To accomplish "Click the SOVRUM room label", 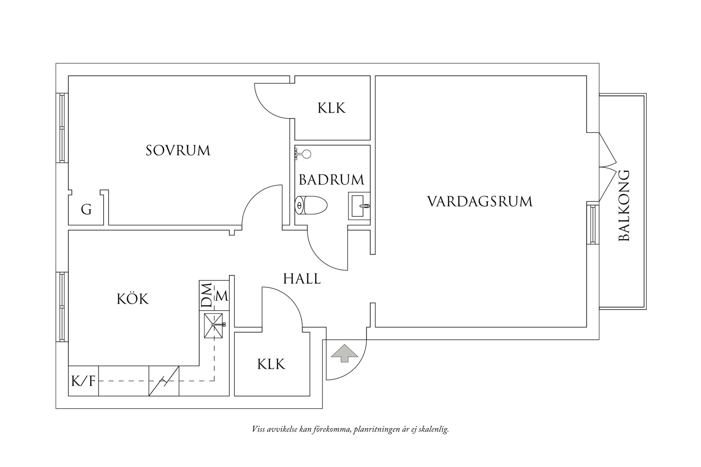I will click(178, 151).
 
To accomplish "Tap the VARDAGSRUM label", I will click(480, 202).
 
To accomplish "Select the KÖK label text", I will click(133, 299).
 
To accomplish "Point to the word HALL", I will click(302, 279).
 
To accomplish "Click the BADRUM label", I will click(332, 180).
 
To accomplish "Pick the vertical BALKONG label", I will click(624, 205).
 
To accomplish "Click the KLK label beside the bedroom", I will click(332, 108).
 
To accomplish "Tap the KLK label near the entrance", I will click(271, 364).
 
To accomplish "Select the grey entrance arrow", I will click(345, 353).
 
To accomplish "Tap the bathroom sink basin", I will click(359, 206).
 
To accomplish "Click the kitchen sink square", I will click(214, 325).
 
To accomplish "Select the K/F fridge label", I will click(83, 381).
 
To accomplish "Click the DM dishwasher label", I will click(206, 295).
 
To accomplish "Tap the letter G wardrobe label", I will click(86, 210).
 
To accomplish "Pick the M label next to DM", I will click(222, 296).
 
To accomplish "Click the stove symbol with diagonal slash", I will click(164, 381).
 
